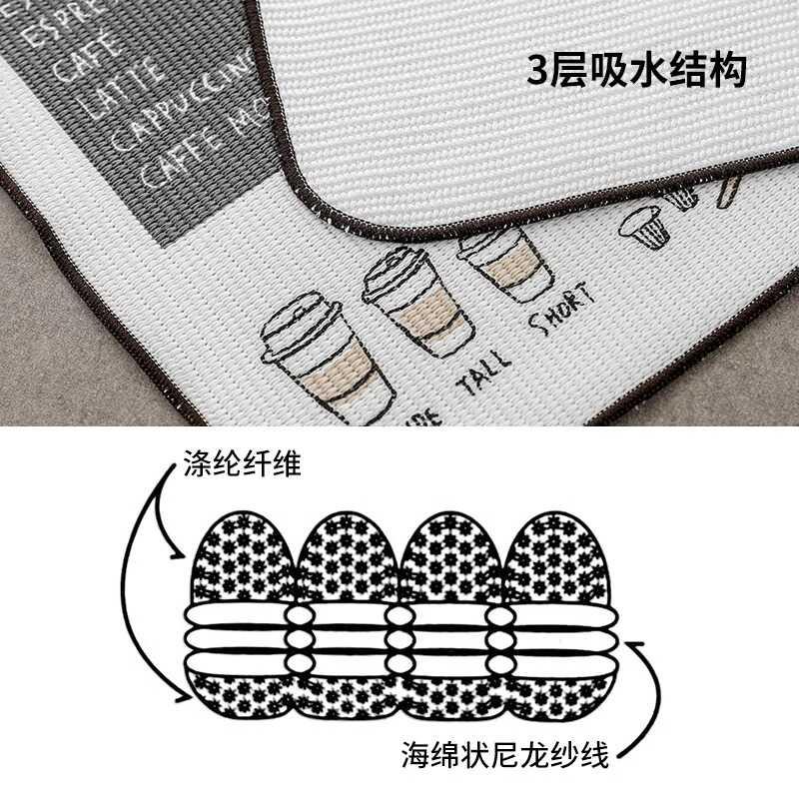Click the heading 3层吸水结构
tap(636, 71)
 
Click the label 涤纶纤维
tap(242, 464)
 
